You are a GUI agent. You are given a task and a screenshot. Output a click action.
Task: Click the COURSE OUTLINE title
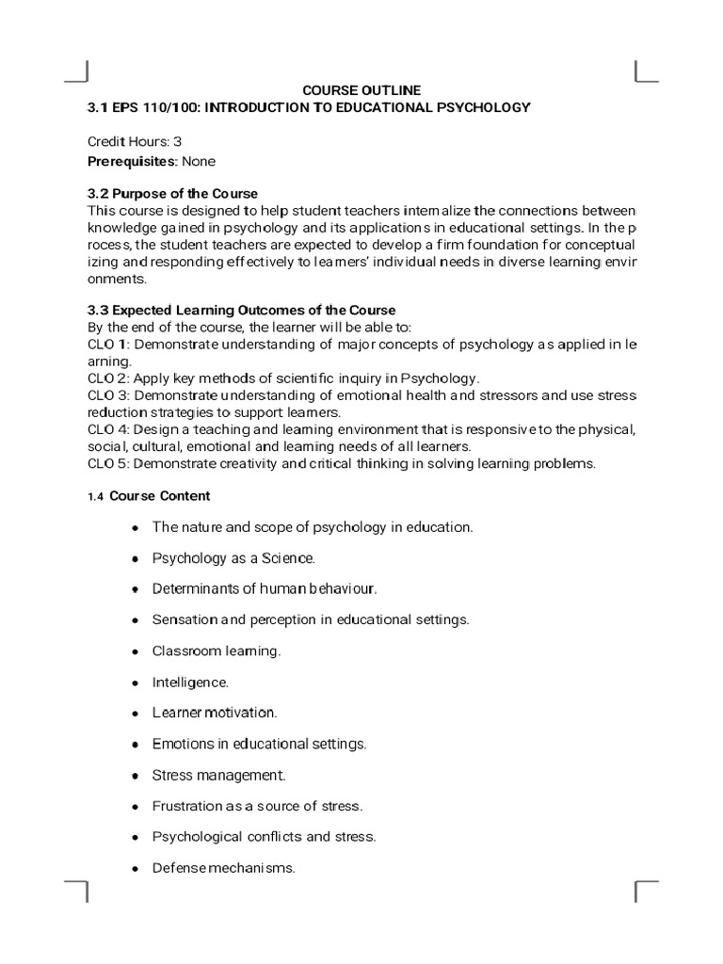coord(361,90)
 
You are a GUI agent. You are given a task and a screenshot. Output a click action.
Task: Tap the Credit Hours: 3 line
coord(135,141)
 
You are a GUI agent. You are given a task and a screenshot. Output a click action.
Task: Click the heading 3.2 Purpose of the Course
coord(172,194)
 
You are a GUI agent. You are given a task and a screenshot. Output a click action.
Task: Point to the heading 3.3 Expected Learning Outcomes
coord(241,310)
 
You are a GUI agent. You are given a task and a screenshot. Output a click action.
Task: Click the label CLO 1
coord(104,344)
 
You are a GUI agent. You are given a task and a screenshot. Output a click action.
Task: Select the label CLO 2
coord(104,378)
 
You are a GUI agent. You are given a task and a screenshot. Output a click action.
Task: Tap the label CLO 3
coord(104,395)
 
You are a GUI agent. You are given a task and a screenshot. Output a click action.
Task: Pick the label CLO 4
coord(104,429)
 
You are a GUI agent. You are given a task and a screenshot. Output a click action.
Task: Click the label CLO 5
coord(104,463)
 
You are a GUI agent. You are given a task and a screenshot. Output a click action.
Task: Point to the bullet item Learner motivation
coord(215,713)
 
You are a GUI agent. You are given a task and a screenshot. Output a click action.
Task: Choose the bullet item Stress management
coord(218,775)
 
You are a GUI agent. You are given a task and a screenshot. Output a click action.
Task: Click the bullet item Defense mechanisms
coord(224,867)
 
